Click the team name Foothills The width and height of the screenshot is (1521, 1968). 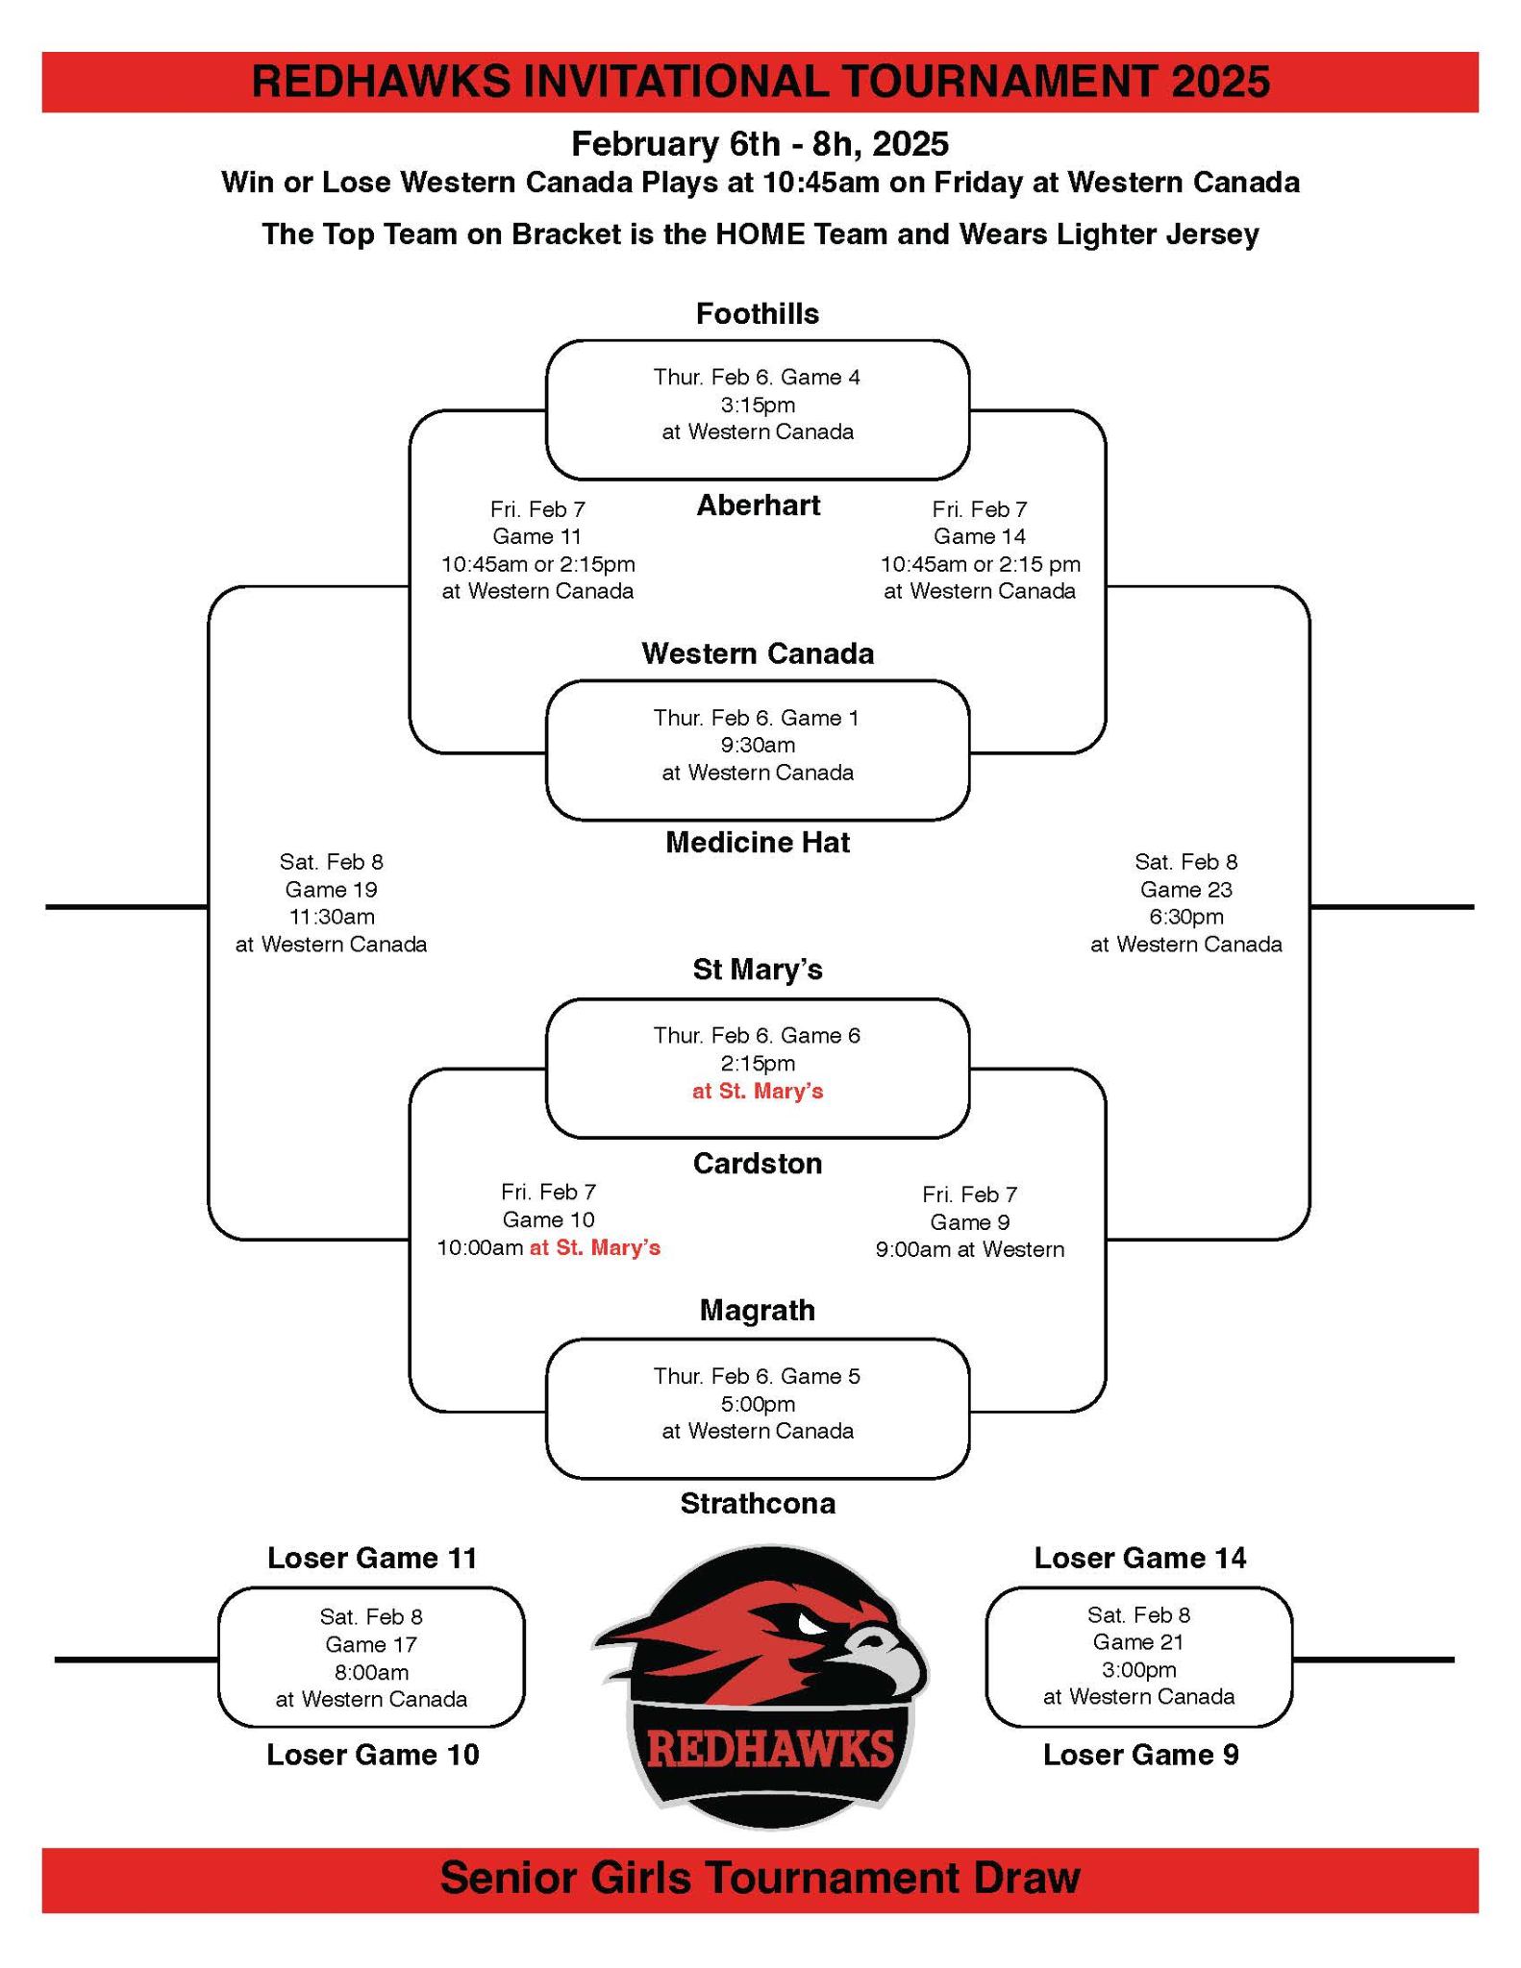coord(758,314)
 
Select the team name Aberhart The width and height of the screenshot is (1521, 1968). coord(758,505)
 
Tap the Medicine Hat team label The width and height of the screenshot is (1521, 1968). coord(758,843)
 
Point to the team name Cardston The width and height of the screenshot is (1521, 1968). coord(758,1164)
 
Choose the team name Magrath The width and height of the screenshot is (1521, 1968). coord(758,1310)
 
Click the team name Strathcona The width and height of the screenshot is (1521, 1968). coord(758,1504)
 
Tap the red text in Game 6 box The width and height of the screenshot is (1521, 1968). coord(758,1092)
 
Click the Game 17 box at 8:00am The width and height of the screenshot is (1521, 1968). coord(371,1658)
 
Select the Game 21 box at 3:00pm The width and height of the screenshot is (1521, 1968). coord(1138,1656)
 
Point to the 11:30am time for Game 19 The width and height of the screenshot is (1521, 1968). coord(332,917)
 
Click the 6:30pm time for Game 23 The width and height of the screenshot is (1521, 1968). coord(1185,917)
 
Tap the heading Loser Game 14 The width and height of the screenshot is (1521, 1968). coord(1139,1558)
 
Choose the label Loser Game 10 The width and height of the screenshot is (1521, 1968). coord(373,1755)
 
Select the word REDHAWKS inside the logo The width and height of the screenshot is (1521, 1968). coord(769,1750)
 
